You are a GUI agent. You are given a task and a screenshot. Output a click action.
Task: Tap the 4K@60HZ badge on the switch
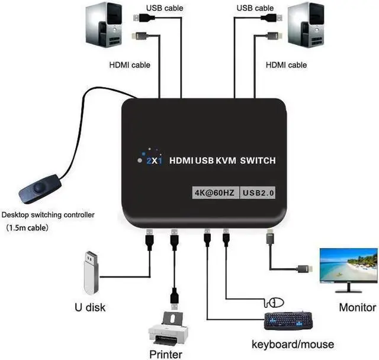point(214,192)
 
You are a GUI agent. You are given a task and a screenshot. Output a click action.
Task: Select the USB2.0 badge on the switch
point(259,192)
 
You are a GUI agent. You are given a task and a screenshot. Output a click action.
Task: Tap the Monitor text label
point(357,307)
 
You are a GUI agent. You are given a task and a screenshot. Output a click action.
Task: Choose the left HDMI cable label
point(129,65)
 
